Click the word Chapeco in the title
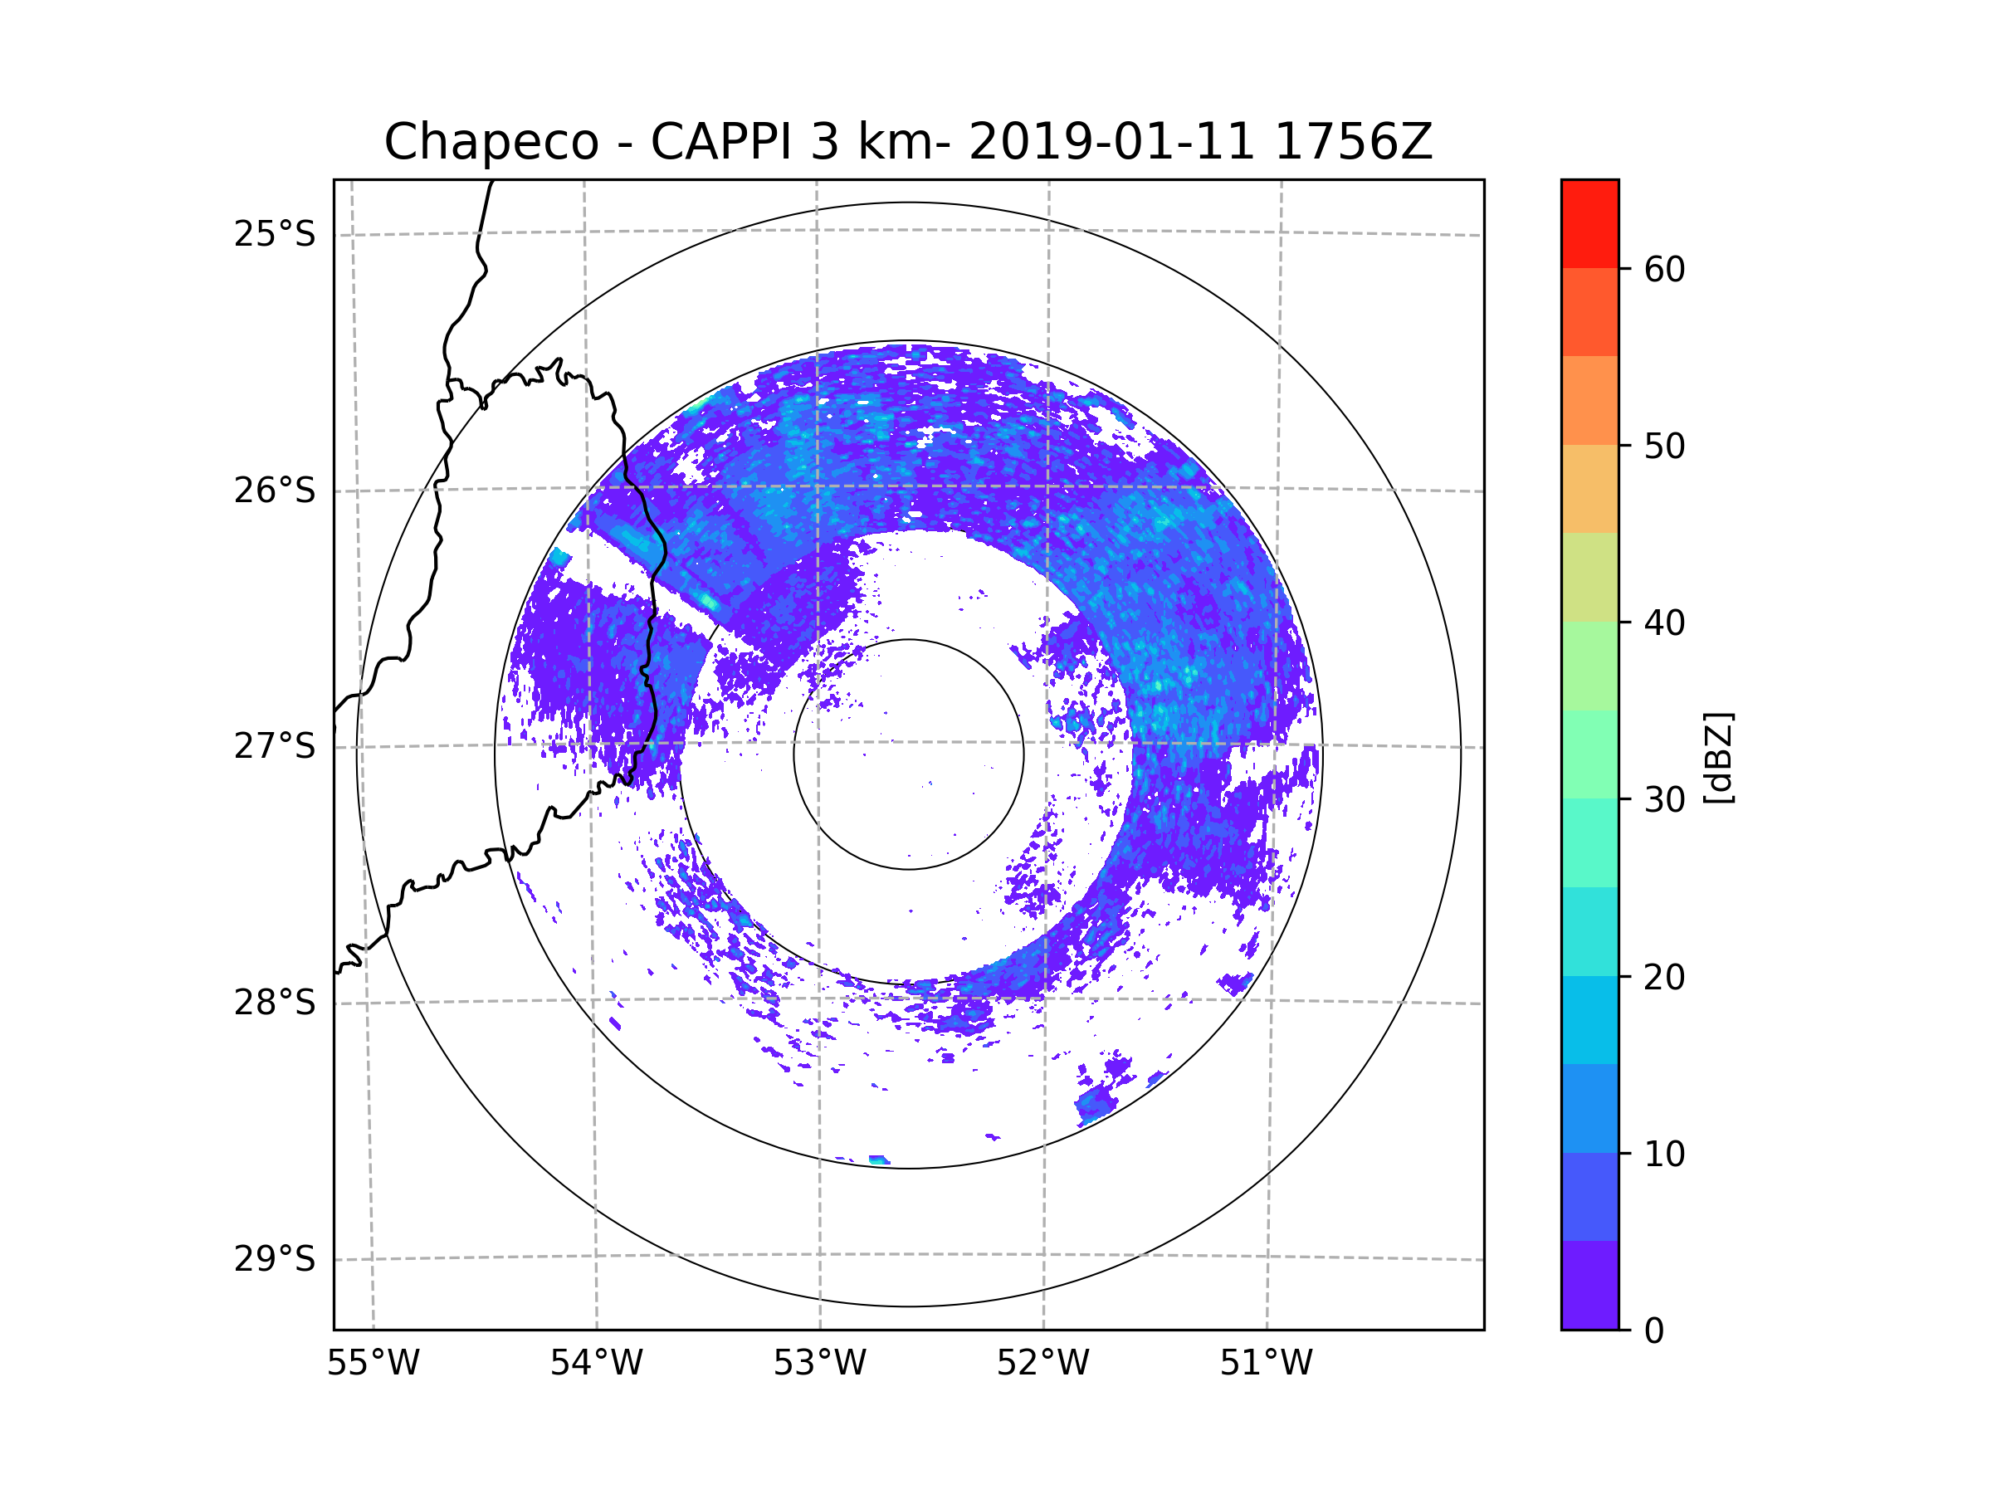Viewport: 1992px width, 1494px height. pos(491,142)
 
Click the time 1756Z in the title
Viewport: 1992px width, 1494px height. pos(1353,142)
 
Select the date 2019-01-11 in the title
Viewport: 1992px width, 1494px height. pos(1111,142)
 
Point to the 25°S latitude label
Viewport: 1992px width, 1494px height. pos(275,234)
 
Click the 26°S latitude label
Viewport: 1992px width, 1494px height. pos(275,491)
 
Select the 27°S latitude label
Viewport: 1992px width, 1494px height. pos(275,746)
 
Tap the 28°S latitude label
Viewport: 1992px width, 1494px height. pos(275,1003)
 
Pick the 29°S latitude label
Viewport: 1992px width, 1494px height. pos(275,1259)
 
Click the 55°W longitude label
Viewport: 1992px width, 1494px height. pos(373,1364)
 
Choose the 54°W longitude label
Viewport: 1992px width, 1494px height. pos(596,1364)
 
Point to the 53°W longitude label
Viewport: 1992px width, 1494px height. pos(819,1364)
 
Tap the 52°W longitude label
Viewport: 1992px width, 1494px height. pos(1042,1364)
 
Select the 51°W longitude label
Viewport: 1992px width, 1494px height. pos(1266,1364)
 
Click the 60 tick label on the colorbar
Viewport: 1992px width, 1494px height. pos(1664,269)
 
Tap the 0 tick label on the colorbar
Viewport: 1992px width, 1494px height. pos(1654,1331)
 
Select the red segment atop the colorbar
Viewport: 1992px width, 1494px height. pos(1589,223)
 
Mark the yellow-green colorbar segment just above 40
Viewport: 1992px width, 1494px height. pos(1589,577)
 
